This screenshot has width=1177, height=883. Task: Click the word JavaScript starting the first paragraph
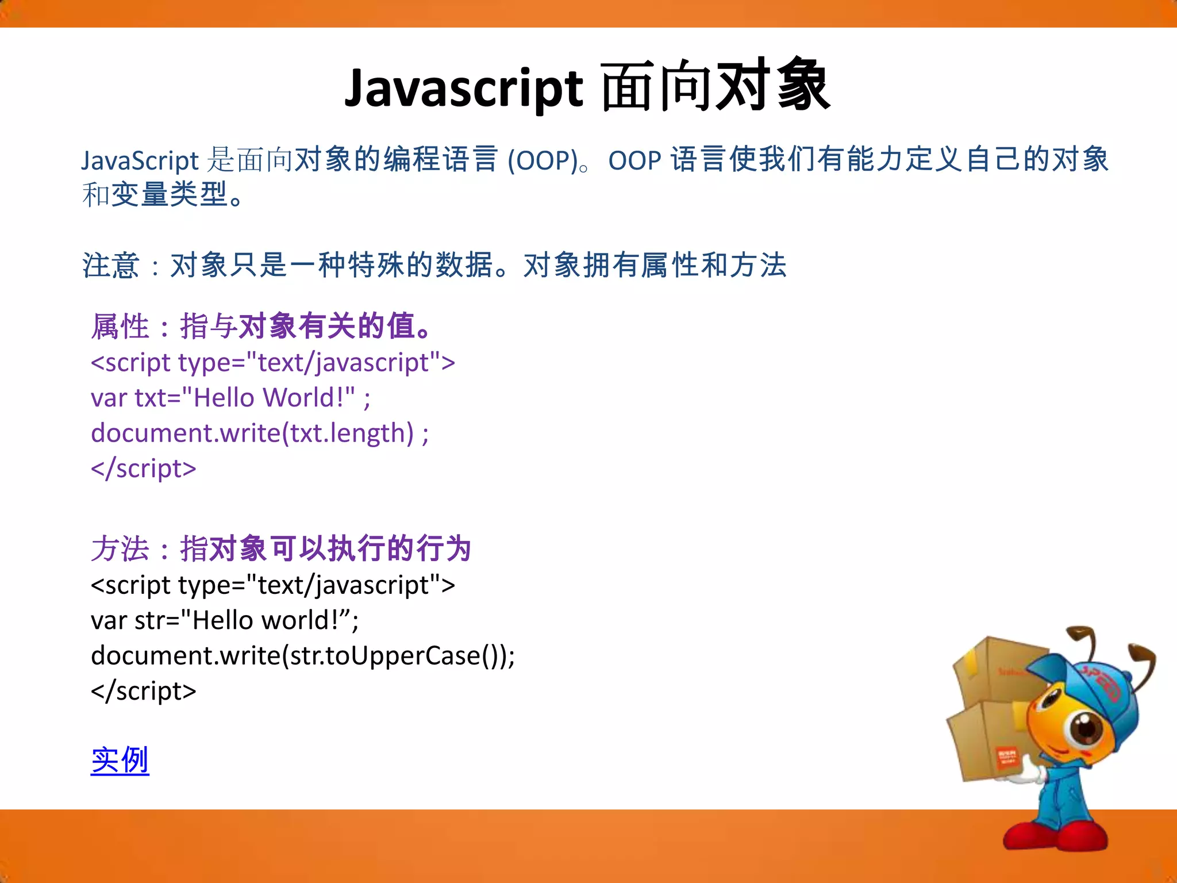(140, 160)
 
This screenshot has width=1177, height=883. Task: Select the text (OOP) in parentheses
(542, 160)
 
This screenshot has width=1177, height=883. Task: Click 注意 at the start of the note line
(110, 266)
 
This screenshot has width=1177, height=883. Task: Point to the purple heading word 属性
(120, 327)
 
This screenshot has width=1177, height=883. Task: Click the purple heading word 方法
(120, 548)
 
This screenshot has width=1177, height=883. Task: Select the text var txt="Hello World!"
(223, 398)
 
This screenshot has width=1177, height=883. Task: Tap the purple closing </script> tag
(144, 469)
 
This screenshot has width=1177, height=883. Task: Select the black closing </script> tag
(144, 690)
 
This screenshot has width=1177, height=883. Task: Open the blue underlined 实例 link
(120, 760)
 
